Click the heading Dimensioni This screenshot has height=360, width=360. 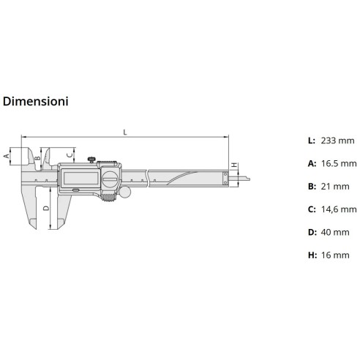[x=36, y=102]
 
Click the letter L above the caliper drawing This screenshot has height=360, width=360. [x=125, y=132]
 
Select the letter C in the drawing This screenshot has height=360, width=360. [x=70, y=154]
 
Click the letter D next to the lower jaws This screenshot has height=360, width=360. [x=45, y=209]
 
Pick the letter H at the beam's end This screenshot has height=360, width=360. [x=233, y=166]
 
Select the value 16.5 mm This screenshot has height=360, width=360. [x=339, y=163]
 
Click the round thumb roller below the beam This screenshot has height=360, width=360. [x=124, y=194]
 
